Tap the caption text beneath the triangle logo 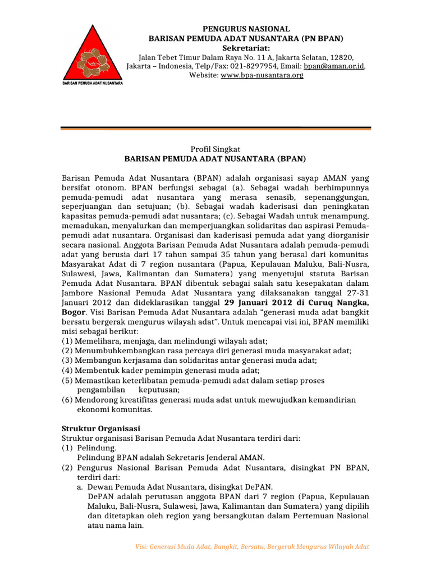click(x=92, y=84)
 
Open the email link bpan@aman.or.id click(x=336, y=66)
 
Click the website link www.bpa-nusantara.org click(x=262, y=75)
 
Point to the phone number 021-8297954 click(x=259, y=66)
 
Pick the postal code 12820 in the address click(x=341, y=57)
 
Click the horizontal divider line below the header click(x=215, y=129)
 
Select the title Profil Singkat click(x=215, y=149)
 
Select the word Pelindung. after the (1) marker click(x=97, y=448)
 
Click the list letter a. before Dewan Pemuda click(x=81, y=486)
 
